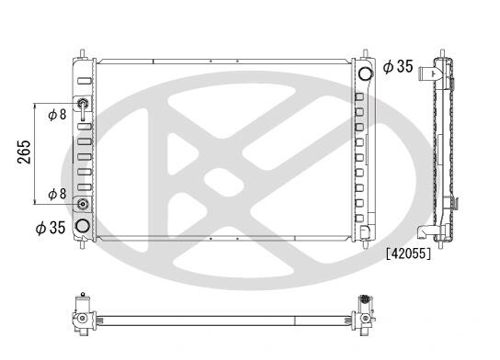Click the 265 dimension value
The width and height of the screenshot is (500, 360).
pyautogui.click(x=24, y=152)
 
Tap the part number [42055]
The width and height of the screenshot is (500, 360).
pyautogui.click(x=408, y=253)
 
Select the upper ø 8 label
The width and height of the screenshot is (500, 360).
pyautogui.click(x=57, y=115)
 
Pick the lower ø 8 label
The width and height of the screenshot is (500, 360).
pyautogui.click(x=57, y=194)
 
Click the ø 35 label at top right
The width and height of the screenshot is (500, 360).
pyautogui.click(x=398, y=67)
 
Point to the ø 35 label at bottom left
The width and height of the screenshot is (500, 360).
pyautogui.click(x=51, y=228)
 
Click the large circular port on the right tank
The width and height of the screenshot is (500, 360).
pyautogui.click(x=366, y=73)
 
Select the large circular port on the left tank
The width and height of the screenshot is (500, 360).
pyautogui.click(x=83, y=226)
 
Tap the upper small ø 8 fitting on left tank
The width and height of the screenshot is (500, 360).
pyautogui.click(x=83, y=103)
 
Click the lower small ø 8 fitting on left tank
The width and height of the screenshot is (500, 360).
pyautogui.click(x=83, y=204)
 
